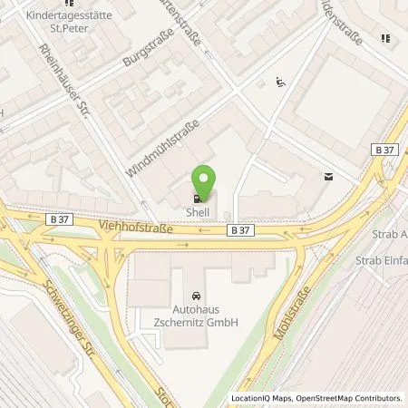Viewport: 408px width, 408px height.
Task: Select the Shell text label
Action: [x=198, y=212]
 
